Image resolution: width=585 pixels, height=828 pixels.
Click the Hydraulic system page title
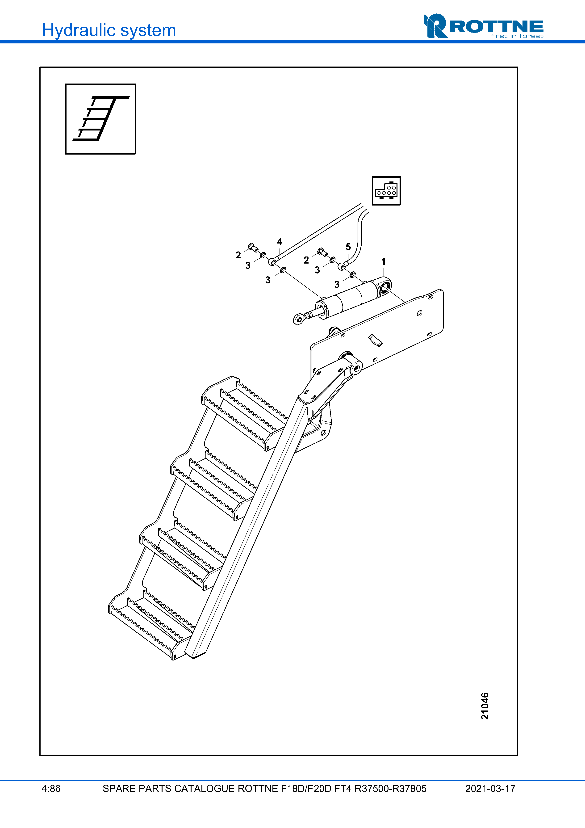click(109, 30)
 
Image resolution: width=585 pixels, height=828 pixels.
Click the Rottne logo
click(483, 26)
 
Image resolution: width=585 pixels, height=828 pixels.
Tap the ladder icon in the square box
click(100, 119)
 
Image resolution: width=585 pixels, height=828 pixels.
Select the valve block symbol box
click(386, 191)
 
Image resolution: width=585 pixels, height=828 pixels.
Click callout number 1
click(384, 261)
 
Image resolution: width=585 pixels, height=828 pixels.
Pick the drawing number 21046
click(485, 706)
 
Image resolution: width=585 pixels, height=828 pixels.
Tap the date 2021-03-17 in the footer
click(490, 789)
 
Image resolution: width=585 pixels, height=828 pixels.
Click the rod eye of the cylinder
click(298, 319)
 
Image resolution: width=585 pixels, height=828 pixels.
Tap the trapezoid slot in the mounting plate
click(375, 340)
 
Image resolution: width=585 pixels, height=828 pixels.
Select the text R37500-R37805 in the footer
click(391, 789)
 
